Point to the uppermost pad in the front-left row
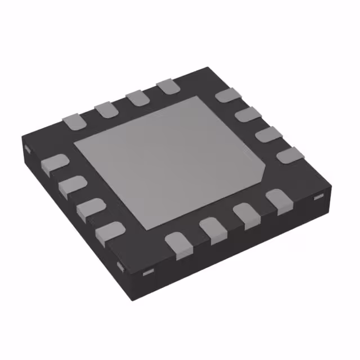pos(55,164)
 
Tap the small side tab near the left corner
pos(26,149)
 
